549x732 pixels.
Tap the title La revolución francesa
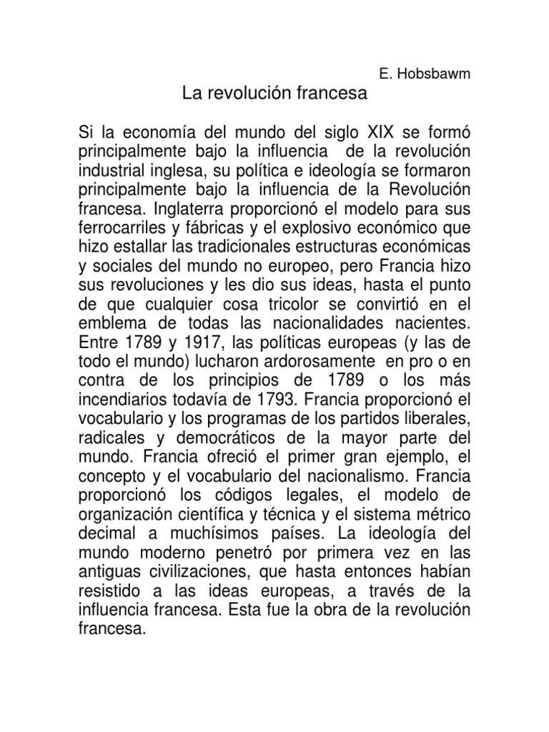tap(275, 93)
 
